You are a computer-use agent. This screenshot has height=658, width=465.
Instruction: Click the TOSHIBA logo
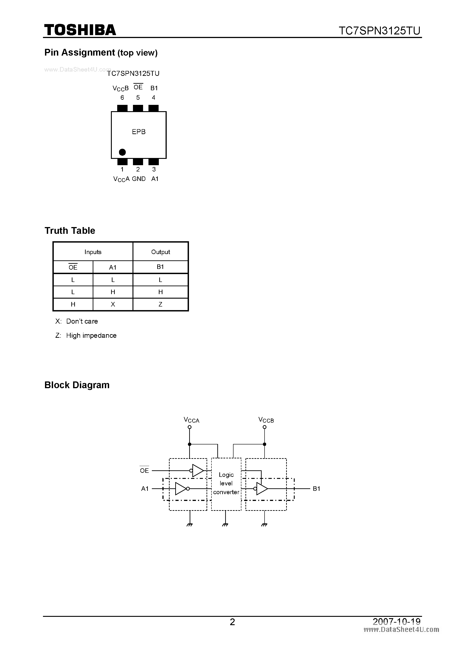coord(80,30)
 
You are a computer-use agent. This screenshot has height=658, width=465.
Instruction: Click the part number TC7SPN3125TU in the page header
coord(379,31)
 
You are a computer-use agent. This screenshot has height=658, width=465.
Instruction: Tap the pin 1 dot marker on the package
coord(122,152)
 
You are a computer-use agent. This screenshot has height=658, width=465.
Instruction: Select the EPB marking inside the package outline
coord(139,132)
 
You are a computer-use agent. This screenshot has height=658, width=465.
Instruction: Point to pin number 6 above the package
coord(122,98)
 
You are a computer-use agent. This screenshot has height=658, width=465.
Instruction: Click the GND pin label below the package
coord(139,179)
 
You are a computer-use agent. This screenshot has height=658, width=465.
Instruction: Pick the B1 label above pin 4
coord(154,88)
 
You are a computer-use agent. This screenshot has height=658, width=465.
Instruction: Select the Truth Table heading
coord(70,231)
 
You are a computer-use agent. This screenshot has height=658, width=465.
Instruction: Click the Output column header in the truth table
coord(160,252)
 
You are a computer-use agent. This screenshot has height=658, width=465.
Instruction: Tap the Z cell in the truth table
coord(160,304)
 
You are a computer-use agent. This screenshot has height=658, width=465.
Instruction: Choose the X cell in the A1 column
coord(113,304)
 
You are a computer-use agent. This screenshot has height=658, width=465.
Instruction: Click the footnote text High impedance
coord(91,336)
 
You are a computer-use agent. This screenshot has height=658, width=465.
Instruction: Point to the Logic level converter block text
coord(226,483)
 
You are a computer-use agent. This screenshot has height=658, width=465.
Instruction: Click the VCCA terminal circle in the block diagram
coord(189,427)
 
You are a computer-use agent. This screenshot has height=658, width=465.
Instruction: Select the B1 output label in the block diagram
coord(316,489)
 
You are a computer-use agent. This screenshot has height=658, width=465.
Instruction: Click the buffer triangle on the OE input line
coord(198,471)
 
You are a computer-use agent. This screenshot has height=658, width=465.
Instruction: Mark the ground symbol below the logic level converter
coord(225,525)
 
